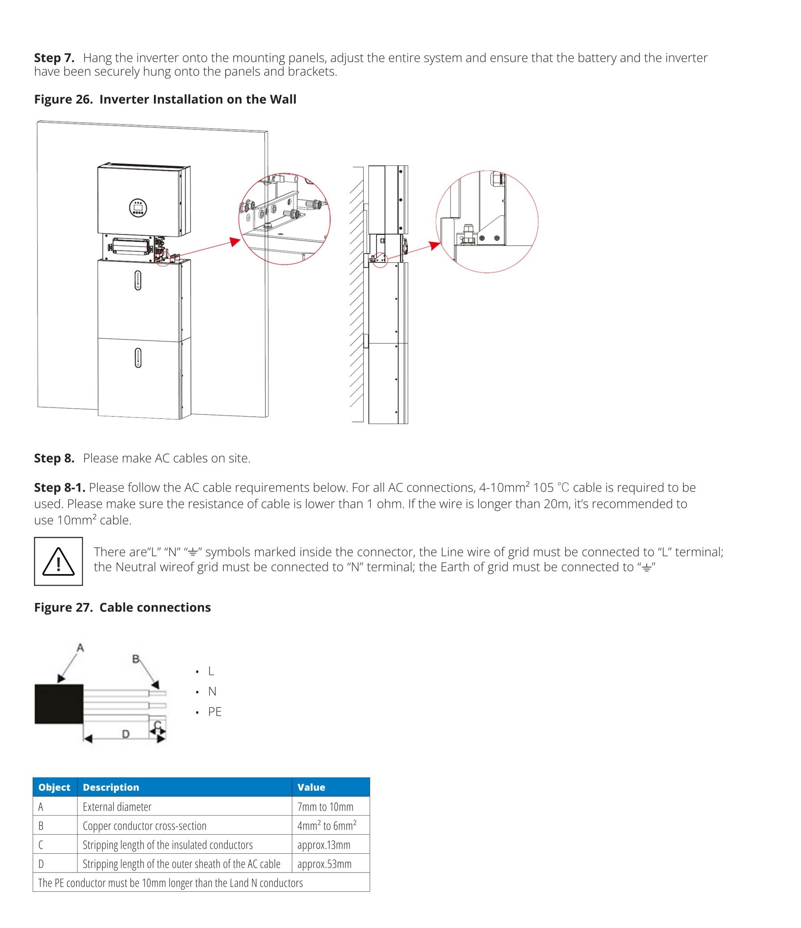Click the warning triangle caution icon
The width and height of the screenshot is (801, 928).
(58, 561)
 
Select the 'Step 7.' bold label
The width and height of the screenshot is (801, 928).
(54, 58)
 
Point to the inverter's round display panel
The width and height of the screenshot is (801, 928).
(138, 207)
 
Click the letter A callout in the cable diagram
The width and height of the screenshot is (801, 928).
(80, 648)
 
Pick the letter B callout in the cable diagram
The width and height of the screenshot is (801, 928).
(136, 659)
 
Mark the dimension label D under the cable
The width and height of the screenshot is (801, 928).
(126, 734)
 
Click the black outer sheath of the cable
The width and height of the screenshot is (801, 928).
(59, 704)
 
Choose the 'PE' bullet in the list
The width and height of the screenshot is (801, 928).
(215, 712)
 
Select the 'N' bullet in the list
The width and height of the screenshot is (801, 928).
(212, 692)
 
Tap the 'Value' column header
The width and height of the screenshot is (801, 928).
(311, 787)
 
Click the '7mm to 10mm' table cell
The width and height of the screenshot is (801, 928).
(325, 806)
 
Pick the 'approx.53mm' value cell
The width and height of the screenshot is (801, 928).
(324, 864)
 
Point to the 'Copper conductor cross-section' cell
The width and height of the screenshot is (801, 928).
(145, 826)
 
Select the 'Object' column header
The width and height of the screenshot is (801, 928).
(54, 787)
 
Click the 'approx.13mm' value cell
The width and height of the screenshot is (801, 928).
(324, 845)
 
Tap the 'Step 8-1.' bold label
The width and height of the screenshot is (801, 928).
(60, 487)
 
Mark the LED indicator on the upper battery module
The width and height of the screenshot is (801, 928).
(138, 280)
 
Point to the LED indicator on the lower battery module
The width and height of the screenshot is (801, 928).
(138, 358)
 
